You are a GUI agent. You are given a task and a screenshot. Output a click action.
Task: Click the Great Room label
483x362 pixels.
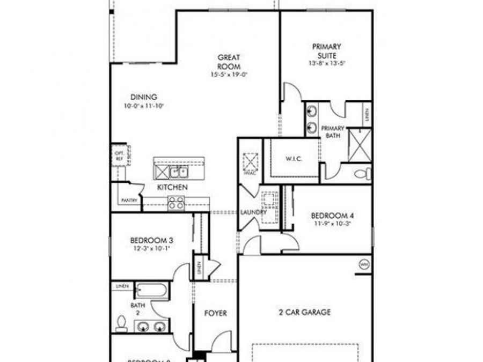pos(229,62)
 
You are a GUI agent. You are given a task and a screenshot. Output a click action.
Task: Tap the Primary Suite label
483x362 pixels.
pos(326,50)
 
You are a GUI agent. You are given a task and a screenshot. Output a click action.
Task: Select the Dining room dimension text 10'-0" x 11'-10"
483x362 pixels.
pos(143,106)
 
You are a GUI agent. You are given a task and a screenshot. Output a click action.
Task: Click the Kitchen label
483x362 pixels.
pos(172,187)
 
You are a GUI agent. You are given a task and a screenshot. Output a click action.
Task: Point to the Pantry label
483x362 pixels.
pos(129,201)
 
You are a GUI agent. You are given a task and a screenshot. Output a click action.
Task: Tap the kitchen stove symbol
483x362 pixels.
pos(176,203)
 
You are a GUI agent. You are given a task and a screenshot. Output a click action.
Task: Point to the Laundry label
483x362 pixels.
pos(253,212)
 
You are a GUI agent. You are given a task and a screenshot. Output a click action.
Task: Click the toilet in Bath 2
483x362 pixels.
pos(122,323)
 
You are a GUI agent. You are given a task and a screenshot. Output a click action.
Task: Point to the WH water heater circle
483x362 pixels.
pos(364,264)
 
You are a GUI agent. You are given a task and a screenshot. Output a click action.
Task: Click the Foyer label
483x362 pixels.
pos(216,313)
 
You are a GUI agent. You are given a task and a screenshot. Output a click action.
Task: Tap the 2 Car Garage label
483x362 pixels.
pos(304,312)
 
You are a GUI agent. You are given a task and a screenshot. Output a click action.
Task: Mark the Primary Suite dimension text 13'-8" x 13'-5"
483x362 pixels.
pos(326,63)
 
